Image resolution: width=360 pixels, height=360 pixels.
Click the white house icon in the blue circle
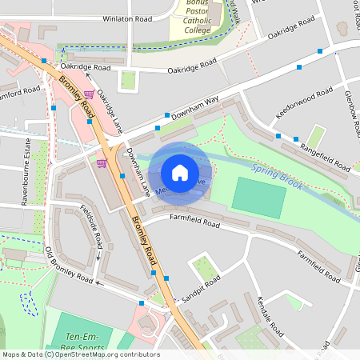coord(180,173)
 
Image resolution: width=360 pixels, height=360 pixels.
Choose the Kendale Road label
coord(270,315)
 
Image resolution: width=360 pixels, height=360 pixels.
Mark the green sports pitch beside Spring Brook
coord(258,197)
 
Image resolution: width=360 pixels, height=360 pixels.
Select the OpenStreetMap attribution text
coord(80,354)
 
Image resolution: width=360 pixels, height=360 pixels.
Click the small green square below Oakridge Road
coord(127,80)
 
